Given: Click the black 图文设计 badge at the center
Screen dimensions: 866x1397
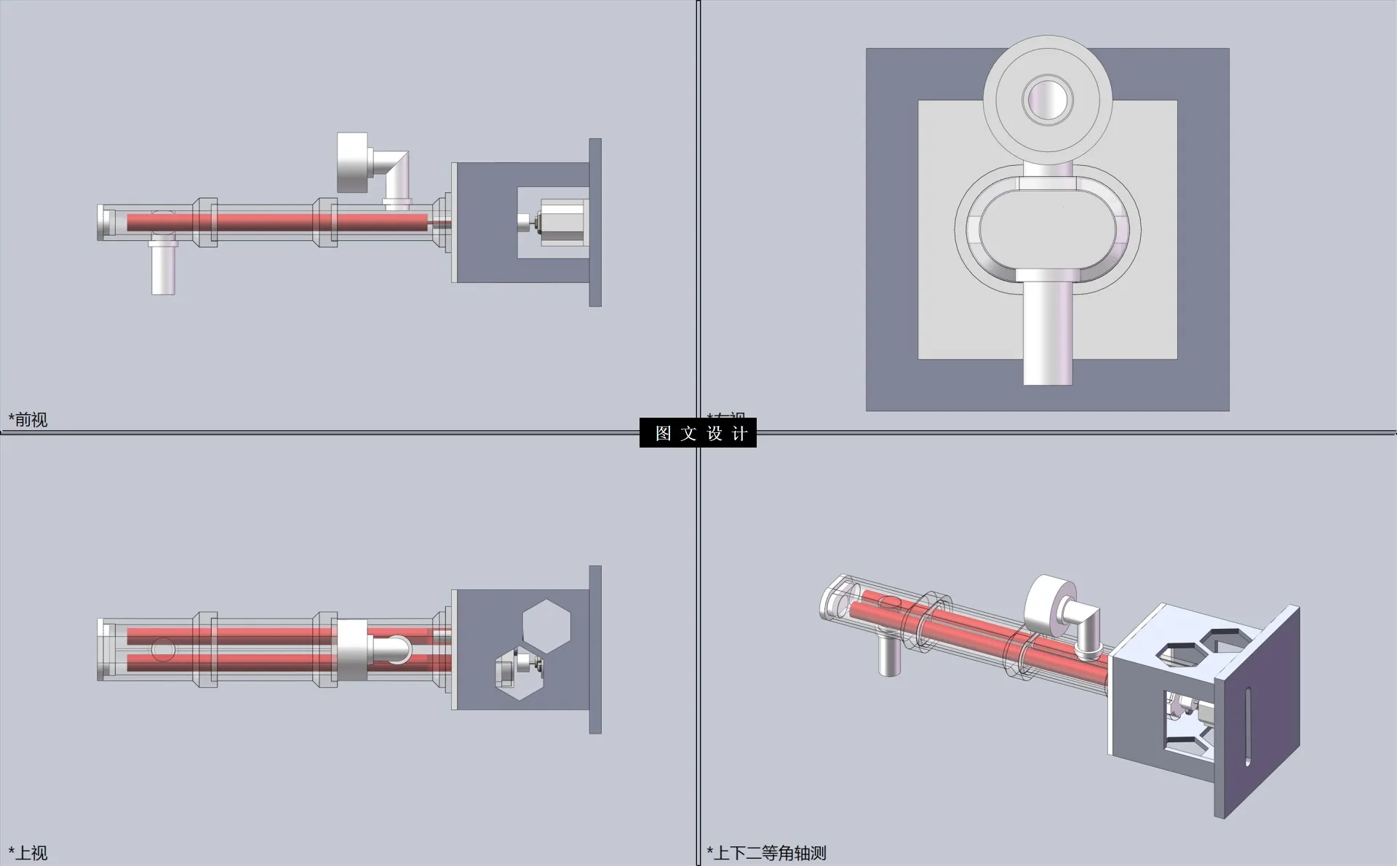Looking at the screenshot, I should [698, 433].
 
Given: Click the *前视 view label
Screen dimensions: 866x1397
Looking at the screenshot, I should [28, 419].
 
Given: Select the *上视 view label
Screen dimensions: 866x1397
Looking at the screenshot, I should [28, 852].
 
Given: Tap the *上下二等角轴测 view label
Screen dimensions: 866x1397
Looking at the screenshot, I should [767, 852].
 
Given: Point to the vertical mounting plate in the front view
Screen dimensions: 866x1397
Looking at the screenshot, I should [595, 222].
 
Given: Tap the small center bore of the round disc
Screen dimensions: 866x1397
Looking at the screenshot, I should [1048, 99].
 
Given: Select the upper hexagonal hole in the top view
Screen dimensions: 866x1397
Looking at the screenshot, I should [546, 625].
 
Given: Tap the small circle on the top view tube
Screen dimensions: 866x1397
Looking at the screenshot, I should [163, 649].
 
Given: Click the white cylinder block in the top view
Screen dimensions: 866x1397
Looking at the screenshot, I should [352, 650].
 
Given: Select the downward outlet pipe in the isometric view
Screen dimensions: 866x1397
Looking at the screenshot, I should [888, 655].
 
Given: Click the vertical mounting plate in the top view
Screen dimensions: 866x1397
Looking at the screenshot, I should [595, 649].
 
